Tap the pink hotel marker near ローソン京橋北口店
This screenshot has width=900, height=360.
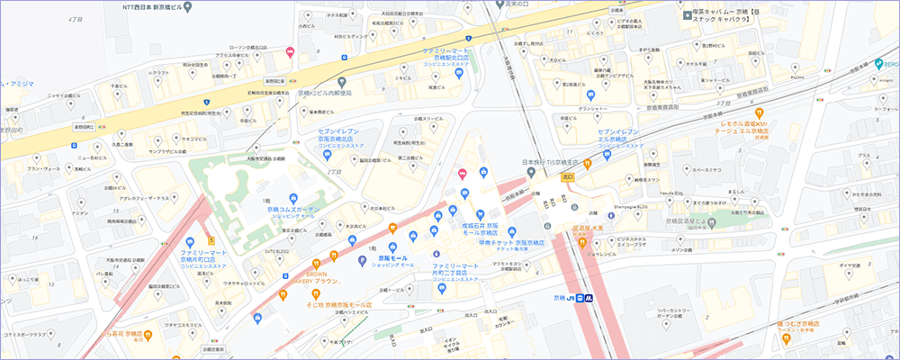pos(290,52)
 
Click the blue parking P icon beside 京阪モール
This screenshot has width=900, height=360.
pos(362,261)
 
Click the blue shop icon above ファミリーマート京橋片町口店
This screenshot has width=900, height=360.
pos(190,242)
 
